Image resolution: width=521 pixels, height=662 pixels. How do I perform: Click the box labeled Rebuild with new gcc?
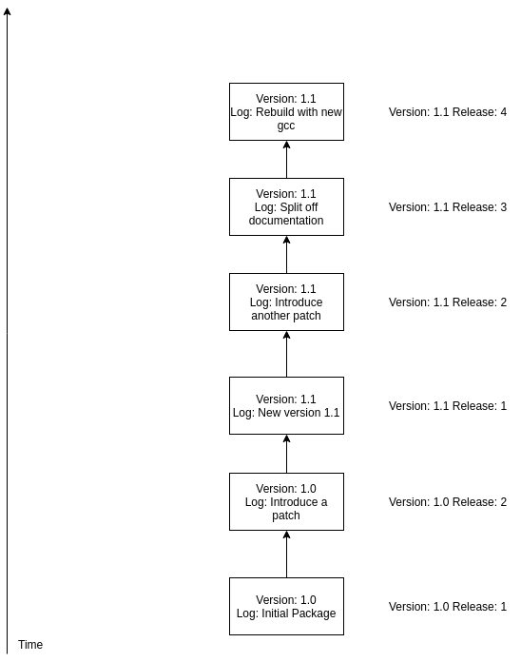click(x=286, y=112)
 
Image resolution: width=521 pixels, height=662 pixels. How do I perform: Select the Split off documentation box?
click(x=286, y=207)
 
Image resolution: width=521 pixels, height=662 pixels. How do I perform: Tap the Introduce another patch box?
click(x=286, y=302)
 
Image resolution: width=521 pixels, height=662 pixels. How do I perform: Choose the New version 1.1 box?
click(x=286, y=406)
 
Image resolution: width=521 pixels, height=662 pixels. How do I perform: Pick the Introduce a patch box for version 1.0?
click(x=286, y=501)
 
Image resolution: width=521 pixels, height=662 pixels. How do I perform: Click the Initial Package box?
click(x=286, y=606)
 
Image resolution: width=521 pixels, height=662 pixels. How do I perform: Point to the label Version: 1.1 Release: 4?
click(x=448, y=112)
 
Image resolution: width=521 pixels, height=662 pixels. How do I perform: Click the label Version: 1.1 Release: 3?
click(x=448, y=207)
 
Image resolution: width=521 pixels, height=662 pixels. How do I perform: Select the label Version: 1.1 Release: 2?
click(x=448, y=302)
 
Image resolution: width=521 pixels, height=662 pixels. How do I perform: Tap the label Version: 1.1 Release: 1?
click(x=448, y=406)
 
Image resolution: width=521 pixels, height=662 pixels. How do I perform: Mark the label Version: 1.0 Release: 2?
click(x=448, y=502)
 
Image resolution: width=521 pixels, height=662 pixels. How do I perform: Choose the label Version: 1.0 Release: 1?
click(x=448, y=607)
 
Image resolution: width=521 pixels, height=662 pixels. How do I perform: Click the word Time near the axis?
click(x=30, y=645)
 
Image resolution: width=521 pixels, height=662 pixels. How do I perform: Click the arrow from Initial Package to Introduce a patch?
click(x=286, y=555)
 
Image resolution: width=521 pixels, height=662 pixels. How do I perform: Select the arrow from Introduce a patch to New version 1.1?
click(x=286, y=454)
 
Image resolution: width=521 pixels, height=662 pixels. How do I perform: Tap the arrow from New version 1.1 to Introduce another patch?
click(x=286, y=354)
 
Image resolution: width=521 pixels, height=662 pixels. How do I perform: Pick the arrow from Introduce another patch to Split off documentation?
click(x=286, y=255)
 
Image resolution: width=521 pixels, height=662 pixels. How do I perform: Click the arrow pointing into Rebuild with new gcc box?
click(x=286, y=159)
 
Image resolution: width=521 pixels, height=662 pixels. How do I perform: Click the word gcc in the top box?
click(x=286, y=126)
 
